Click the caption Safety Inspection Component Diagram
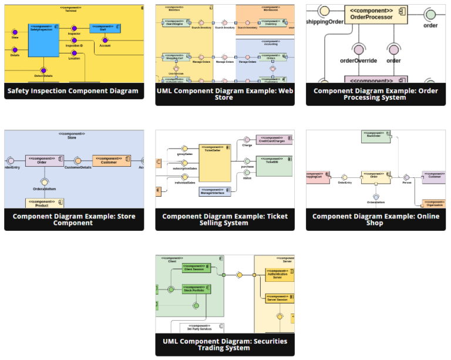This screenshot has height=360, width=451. coord(73,91)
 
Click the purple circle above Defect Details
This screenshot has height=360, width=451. coord(43,70)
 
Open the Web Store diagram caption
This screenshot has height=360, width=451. coord(224,94)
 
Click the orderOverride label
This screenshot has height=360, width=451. coord(358,60)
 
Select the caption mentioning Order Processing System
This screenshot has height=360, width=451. coord(375,94)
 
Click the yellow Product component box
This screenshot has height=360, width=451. coord(45,203)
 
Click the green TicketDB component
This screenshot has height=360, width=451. coord(274,166)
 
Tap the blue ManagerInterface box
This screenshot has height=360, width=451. coord(215,191)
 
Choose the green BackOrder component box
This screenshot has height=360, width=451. coord(375,136)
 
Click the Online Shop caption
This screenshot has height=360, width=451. coord(375,219)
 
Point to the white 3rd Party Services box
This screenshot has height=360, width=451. coord(202,328)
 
